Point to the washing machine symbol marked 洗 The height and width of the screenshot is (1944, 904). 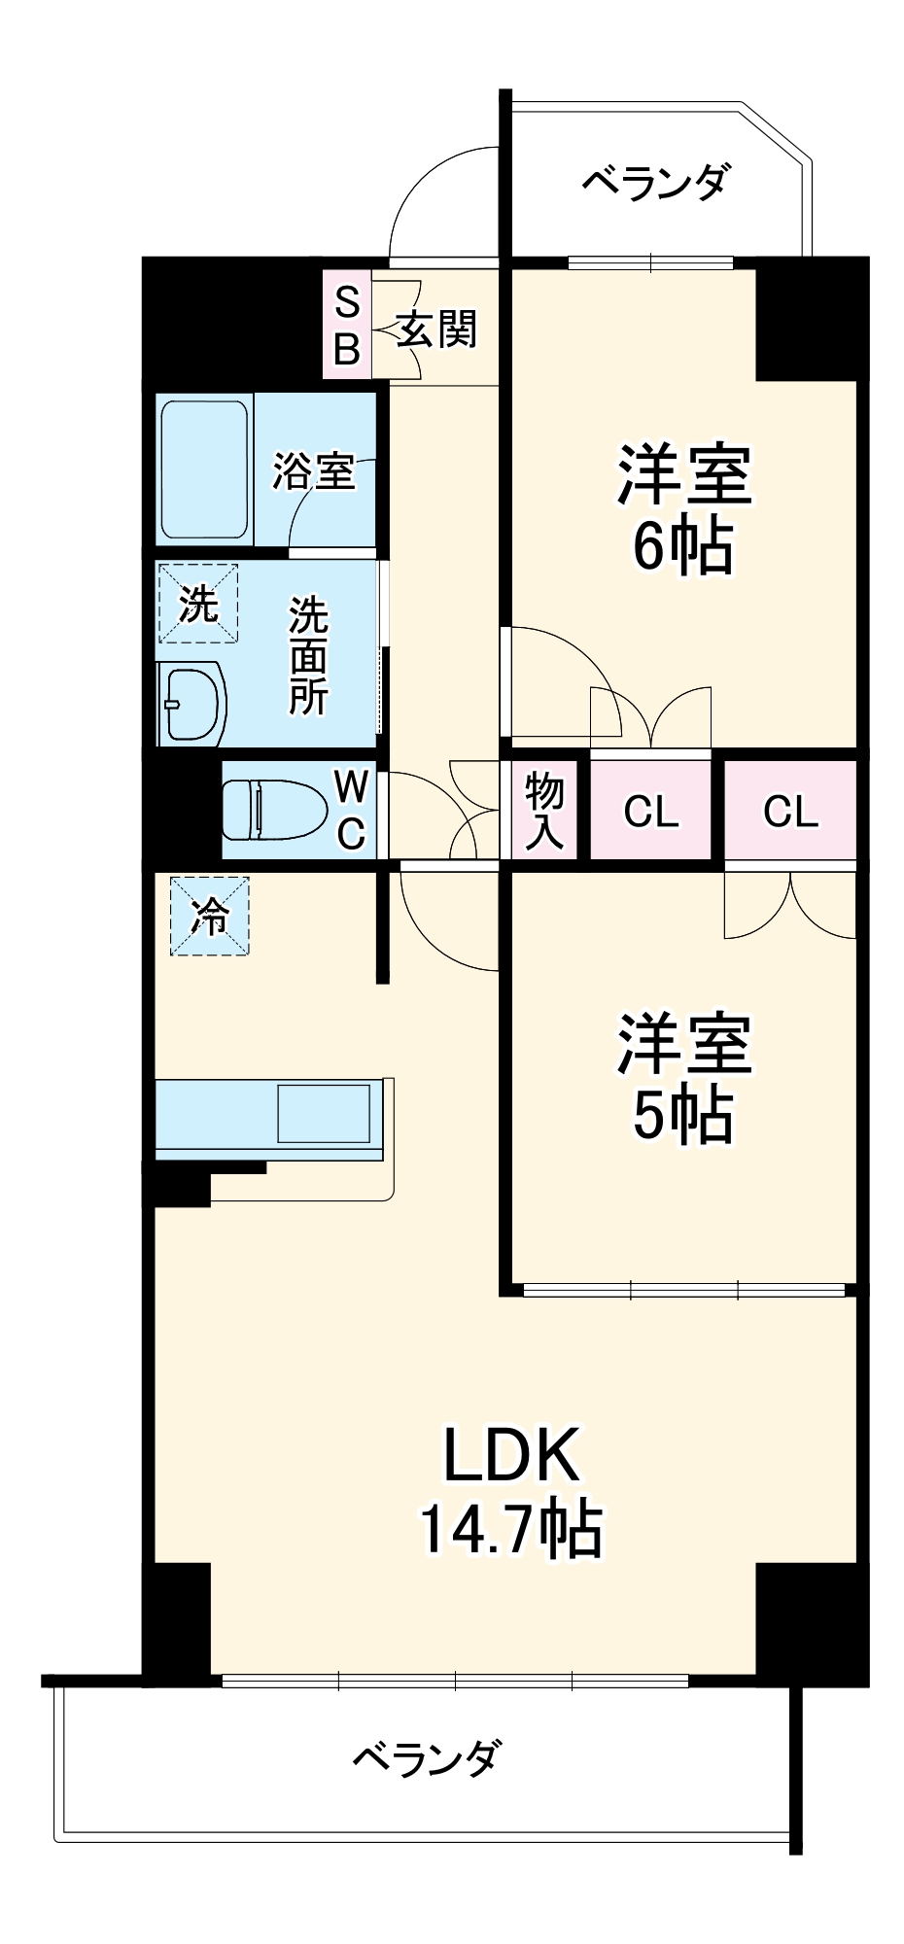(198, 605)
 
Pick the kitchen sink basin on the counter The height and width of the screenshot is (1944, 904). (324, 1113)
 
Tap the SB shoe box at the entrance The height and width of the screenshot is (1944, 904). (347, 326)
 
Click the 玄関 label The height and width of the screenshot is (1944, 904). (436, 330)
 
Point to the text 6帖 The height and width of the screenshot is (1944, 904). (683, 548)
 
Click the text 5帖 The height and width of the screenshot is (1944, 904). (683, 1115)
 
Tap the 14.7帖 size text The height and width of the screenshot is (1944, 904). (510, 1529)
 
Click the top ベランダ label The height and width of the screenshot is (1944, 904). (654, 182)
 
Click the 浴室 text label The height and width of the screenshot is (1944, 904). (313, 471)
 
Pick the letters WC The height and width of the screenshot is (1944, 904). (350, 809)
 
